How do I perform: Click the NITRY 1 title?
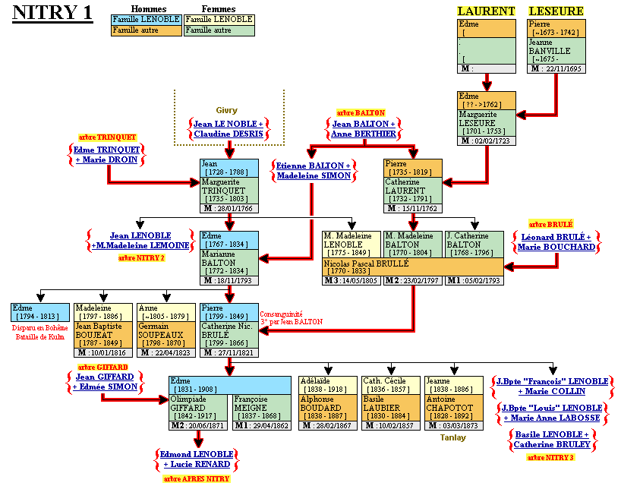(53, 13)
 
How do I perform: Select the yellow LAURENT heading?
(486, 11)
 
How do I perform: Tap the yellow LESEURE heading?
(556, 11)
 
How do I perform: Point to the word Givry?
(226, 110)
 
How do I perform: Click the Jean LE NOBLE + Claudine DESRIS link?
(228, 129)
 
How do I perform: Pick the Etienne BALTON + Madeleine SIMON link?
(313, 170)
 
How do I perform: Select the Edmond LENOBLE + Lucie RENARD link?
(197, 459)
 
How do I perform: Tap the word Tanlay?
(452, 437)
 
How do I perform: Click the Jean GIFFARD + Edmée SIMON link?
(106, 381)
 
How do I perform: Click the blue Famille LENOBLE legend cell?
(146, 19)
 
